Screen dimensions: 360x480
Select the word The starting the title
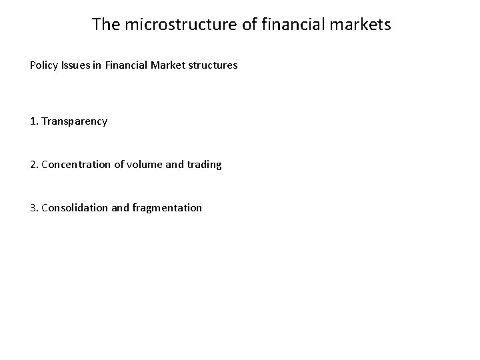(x=105, y=25)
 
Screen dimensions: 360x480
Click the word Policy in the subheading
(x=43, y=66)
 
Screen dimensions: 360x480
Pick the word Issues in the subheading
(x=74, y=66)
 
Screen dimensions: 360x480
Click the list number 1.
(x=33, y=121)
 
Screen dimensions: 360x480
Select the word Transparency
(x=74, y=121)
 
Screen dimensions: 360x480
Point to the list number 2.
(x=33, y=164)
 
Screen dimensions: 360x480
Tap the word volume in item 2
(x=142, y=164)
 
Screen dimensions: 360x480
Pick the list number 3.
(x=33, y=207)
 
